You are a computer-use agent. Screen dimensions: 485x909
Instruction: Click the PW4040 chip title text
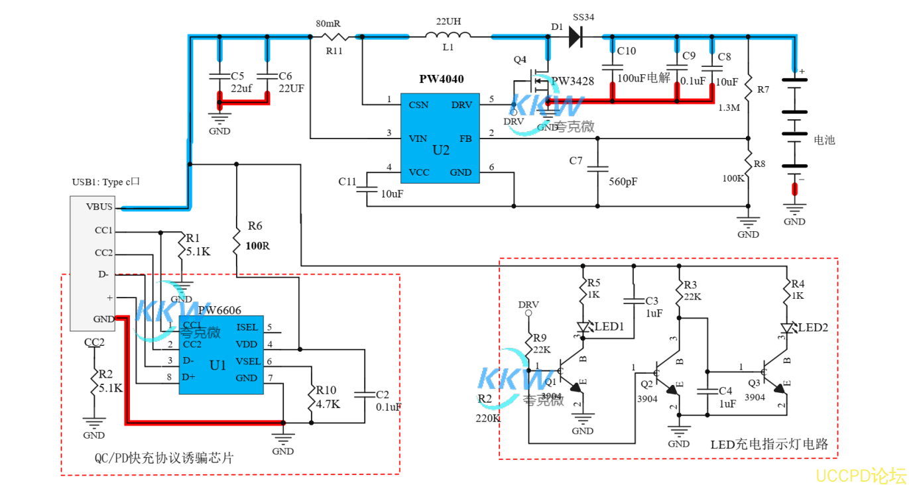(441, 79)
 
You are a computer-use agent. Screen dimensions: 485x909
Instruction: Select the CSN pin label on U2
(418, 105)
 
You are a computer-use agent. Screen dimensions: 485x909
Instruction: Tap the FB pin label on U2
(465, 139)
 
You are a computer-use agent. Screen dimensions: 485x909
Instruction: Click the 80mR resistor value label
(328, 23)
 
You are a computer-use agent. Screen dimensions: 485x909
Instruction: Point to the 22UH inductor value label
(448, 21)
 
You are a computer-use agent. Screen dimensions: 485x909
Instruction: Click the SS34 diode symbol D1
(575, 38)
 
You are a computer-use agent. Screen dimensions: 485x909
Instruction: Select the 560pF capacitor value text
(623, 181)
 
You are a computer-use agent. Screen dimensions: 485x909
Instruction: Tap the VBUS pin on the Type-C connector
(99, 206)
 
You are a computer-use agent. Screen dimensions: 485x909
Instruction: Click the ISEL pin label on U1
(247, 327)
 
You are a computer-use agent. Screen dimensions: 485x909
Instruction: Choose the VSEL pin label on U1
(247, 361)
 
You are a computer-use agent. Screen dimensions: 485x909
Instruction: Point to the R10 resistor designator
(326, 390)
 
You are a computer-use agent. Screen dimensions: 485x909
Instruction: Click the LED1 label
(609, 327)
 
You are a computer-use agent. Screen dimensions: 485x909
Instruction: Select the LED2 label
(813, 327)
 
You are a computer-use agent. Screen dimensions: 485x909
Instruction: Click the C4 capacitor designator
(725, 391)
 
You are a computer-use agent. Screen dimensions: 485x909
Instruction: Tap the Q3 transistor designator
(754, 382)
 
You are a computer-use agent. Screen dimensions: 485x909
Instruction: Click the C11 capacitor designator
(347, 181)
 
